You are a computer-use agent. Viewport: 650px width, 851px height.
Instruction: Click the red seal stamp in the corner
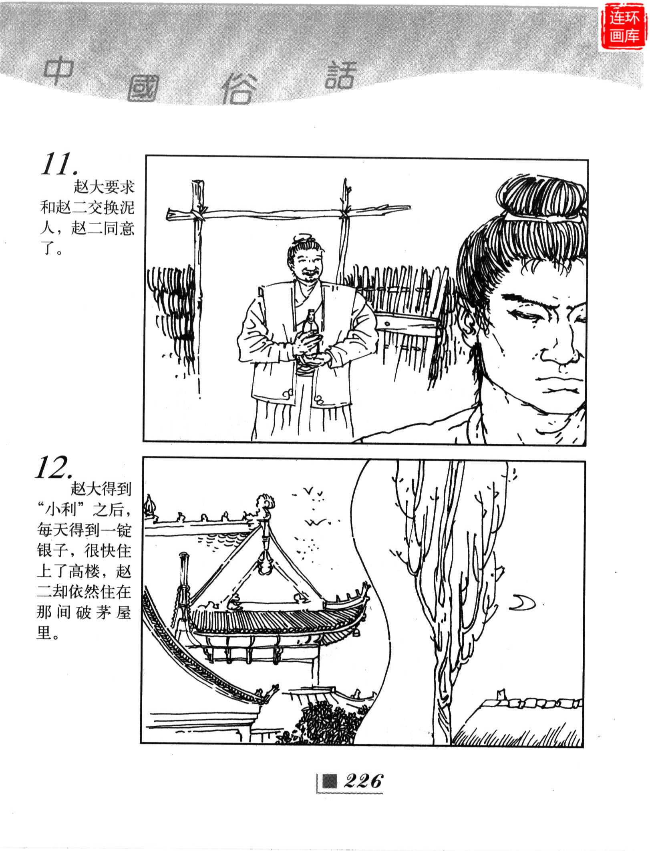point(624,27)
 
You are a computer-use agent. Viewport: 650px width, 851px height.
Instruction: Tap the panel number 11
point(58,164)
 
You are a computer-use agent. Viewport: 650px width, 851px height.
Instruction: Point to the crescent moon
point(523,602)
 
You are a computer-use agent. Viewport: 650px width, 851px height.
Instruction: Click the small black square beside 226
point(330,781)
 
